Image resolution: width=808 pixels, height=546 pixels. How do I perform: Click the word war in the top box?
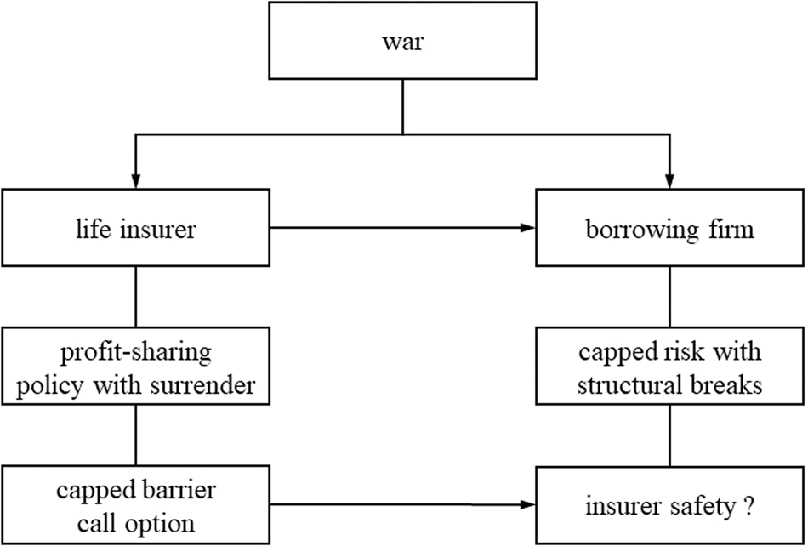tap(402, 42)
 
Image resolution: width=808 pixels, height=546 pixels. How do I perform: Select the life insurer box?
tap(134, 229)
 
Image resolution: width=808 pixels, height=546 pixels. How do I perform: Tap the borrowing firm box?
tap(669, 229)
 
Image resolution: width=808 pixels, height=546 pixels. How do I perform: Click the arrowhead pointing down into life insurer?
tap(134, 181)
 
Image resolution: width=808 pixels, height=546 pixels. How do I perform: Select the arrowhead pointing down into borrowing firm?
tap(669, 181)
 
